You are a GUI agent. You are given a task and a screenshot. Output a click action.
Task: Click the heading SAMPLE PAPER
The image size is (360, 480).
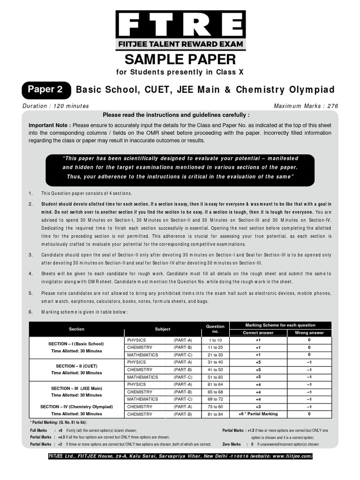(180, 60)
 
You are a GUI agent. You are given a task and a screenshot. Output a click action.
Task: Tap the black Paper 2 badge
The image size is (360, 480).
(45, 89)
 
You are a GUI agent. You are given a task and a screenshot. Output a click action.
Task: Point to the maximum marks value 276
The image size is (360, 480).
(332, 106)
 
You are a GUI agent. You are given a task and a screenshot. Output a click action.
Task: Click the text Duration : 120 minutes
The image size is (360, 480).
(56, 106)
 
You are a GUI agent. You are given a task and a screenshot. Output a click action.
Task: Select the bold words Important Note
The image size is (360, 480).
(50, 126)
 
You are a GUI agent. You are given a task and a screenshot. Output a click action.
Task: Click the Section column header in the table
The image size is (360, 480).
(76, 329)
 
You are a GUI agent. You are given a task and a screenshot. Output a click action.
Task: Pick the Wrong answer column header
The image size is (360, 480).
(309, 333)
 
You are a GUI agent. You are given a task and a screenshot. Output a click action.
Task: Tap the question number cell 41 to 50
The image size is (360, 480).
(215, 370)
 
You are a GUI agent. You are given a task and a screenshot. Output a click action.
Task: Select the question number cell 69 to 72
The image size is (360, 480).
(215, 399)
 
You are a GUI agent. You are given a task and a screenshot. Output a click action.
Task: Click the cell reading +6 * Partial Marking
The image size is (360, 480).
(258, 414)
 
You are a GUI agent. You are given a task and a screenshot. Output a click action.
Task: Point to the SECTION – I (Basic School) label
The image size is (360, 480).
(76, 344)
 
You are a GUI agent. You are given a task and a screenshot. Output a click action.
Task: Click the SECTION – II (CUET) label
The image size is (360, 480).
(76, 366)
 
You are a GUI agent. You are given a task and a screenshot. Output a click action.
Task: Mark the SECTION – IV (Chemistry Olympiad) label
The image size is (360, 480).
(76, 407)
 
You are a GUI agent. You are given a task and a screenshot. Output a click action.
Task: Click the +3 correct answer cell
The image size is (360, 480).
(258, 407)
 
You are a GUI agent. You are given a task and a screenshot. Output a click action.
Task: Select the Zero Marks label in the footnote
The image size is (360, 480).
(232, 444)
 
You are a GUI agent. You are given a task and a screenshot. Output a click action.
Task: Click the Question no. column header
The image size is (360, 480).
(215, 329)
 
